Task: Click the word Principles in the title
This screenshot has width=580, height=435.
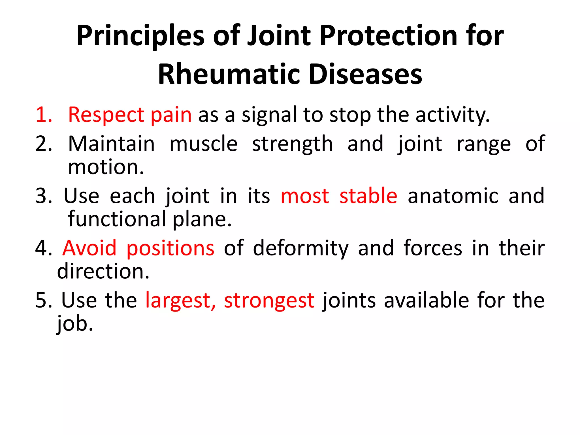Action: point(140,36)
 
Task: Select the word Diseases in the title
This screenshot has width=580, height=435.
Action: point(365,74)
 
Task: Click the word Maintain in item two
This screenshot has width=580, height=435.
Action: point(111,144)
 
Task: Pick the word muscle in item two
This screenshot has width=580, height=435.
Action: point(203,144)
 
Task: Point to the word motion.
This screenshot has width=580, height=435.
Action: point(106,167)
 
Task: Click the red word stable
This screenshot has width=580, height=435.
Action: point(368,196)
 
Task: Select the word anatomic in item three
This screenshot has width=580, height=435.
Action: point(453,196)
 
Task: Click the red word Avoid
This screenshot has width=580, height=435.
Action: point(89,248)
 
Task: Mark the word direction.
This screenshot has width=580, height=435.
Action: point(103,271)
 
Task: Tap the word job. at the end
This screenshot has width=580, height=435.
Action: point(75,324)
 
